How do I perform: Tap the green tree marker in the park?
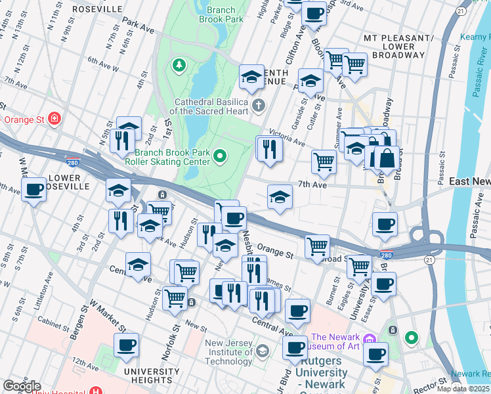(x=178, y=65)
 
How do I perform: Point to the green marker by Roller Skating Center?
(x=220, y=156)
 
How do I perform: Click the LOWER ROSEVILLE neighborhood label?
(x=64, y=182)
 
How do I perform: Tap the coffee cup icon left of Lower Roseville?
(x=33, y=190)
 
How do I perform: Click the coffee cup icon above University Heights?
(x=126, y=345)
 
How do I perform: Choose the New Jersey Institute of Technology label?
(x=228, y=352)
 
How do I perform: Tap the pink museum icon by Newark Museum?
(x=369, y=340)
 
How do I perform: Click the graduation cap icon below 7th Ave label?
(x=280, y=197)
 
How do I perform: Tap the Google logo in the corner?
(x=22, y=386)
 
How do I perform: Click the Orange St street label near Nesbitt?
(x=274, y=252)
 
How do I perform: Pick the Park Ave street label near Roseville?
(x=138, y=30)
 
